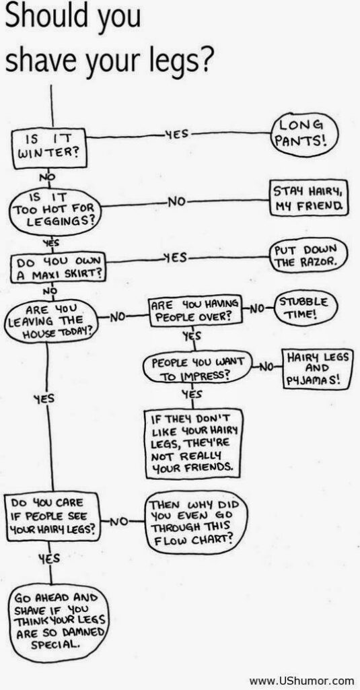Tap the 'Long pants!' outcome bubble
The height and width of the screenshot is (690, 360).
pos(305,131)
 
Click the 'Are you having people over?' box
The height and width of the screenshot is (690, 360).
pos(195,310)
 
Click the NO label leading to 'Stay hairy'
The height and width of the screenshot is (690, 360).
pos(178,203)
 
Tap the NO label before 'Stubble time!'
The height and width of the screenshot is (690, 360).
pos(258,308)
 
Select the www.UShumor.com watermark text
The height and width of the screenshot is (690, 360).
pos(301,681)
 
